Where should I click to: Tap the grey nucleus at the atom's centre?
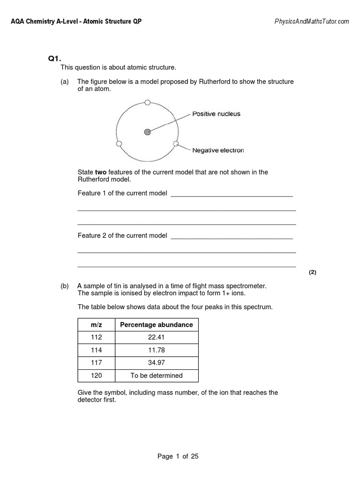[148, 132]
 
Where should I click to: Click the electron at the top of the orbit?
[147, 102]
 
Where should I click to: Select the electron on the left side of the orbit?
[119, 143]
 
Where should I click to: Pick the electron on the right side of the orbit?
[176, 143]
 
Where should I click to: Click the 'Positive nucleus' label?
[216, 114]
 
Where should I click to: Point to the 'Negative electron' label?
[218, 150]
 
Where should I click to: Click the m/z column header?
[96, 325]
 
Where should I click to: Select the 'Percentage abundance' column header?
[157, 325]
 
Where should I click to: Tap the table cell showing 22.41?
[157, 337]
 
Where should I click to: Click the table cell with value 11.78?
[157, 350]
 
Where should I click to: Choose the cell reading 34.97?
[157, 363]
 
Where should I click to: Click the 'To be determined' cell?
[157, 375]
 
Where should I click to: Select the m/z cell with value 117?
[96, 363]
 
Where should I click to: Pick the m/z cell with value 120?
[96, 375]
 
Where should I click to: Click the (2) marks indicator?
[313, 272]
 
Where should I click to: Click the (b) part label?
[65, 286]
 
